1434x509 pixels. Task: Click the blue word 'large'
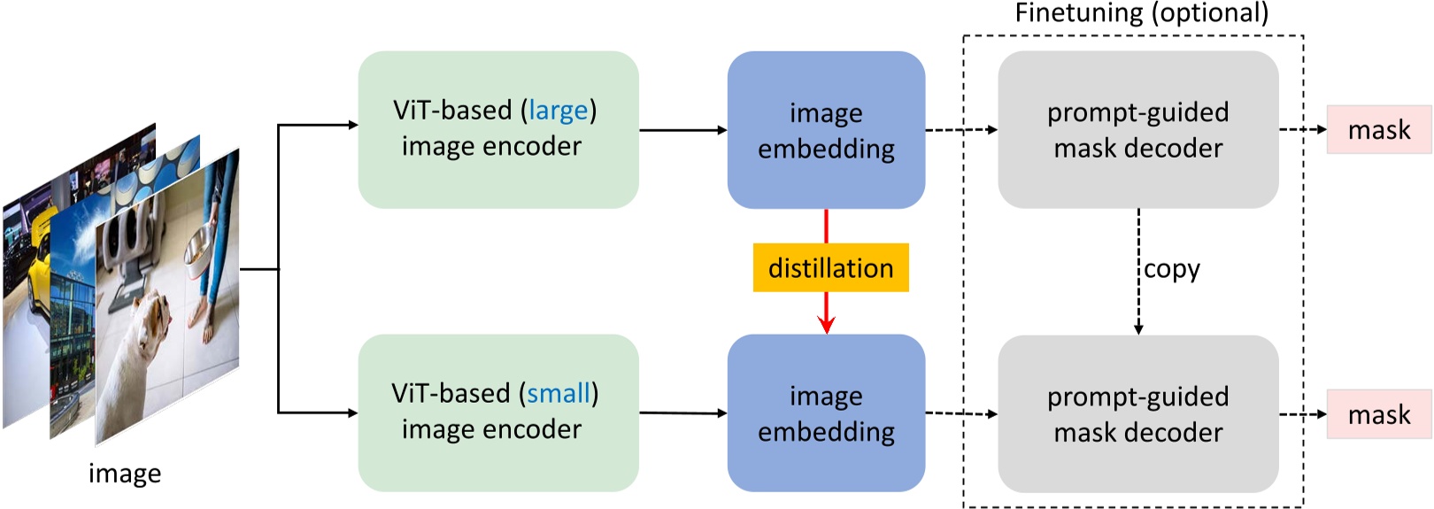(x=558, y=111)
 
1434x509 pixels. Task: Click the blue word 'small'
(x=558, y=394)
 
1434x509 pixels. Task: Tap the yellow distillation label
(x=830, y=267)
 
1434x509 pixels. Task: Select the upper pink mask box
(x=1378, y=130)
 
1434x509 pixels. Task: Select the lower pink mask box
(x=1378, y=414)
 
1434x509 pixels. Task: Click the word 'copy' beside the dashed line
(x=1172, y=269)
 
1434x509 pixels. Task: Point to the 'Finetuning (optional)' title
(x=1141, y=13)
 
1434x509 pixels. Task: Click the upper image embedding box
(x=826, y=130)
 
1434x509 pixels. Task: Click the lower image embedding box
(x=826, y=413)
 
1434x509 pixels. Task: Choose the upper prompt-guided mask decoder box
(x=1137, y=130)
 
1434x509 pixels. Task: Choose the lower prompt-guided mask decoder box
(x=1137, y=413)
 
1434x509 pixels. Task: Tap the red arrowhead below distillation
(x=827, y=325)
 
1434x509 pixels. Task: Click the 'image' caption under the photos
(x=125, y=474)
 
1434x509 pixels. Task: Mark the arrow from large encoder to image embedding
(x=682, y=130)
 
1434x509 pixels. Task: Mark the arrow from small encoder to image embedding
(x=682, y=413)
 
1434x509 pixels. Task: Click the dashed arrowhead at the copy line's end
(x=1138, y=329)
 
